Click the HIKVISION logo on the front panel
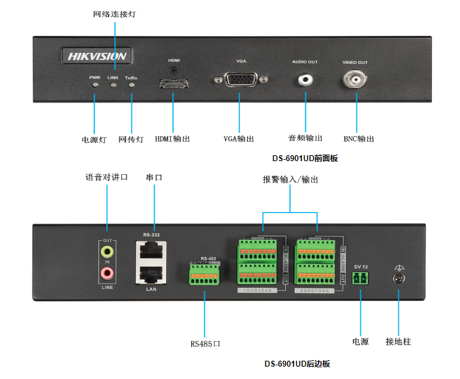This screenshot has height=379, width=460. (97, 56)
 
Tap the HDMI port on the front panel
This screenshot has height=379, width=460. (174, 83)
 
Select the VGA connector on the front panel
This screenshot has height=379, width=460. (240, 80)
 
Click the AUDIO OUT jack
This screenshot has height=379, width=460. (305, 80)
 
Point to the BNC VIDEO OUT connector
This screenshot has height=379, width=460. (356, 80)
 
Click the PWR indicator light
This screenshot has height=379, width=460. (95, 85)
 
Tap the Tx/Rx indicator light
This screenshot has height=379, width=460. (131, 85)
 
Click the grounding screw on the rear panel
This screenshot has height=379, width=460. (398, 279)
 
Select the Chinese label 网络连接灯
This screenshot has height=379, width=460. (115, 13)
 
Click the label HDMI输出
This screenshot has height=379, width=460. (172, 139)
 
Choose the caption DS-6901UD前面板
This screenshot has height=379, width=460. (305, 158)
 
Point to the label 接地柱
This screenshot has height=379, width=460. (398, 341)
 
